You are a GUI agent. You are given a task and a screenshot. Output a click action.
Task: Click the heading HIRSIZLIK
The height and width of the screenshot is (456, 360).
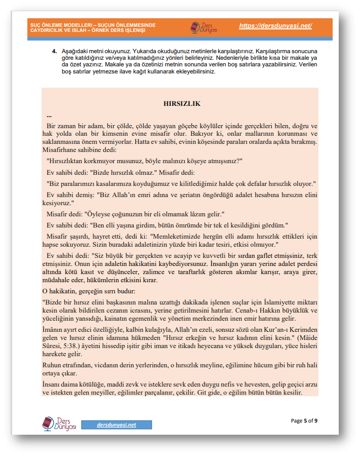[x=182, y=103]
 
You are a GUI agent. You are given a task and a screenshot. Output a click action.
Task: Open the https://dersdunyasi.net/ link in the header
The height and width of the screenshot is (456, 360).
[x=275, y=26]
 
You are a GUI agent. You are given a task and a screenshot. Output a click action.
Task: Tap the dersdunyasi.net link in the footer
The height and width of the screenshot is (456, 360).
[x=116, y=425]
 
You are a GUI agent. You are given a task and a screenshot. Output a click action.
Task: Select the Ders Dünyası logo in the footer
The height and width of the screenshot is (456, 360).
[x=59, y=423]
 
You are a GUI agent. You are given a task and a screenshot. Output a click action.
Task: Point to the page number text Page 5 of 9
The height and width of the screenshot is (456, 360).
[x=304, y=421]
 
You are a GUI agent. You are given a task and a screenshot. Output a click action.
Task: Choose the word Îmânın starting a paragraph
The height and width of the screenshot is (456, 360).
[x=53, y=328]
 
